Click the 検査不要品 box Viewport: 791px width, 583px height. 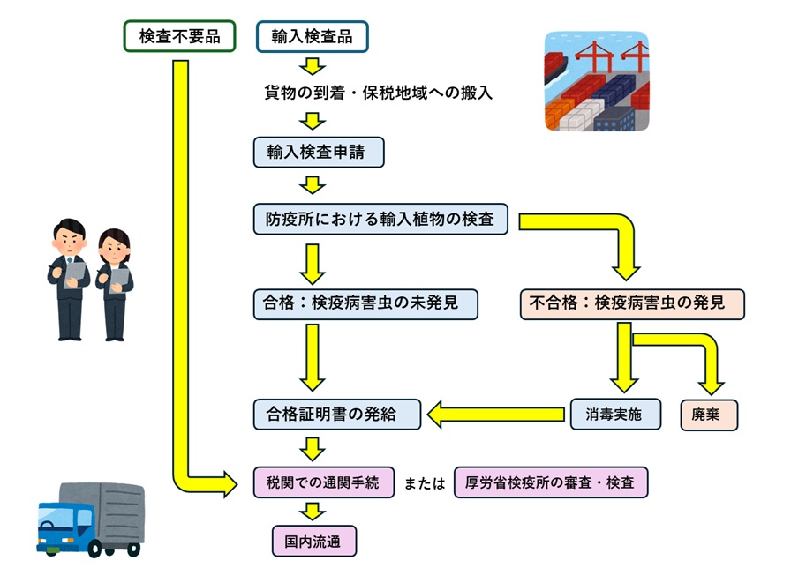[x=180, y=36]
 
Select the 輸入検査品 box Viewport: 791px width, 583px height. [x=312, y=36]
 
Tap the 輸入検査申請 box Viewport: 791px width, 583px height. [x=319, y=153]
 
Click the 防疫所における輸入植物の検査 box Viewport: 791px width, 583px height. [x=380, y=219]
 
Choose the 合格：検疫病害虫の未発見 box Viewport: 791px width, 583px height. [x=365, y=304]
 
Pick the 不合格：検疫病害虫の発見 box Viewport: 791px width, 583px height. [x=633, y=304]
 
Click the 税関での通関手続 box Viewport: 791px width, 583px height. [x=323, y=482]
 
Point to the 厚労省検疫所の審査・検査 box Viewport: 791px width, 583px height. [x=551, y=482]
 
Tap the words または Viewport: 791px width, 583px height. [x=425, y=483]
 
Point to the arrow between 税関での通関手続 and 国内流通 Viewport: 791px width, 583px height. [x=313, y=512]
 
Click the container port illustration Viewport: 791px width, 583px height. [x=596, y=82]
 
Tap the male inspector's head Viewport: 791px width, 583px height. [x=70, y=234]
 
